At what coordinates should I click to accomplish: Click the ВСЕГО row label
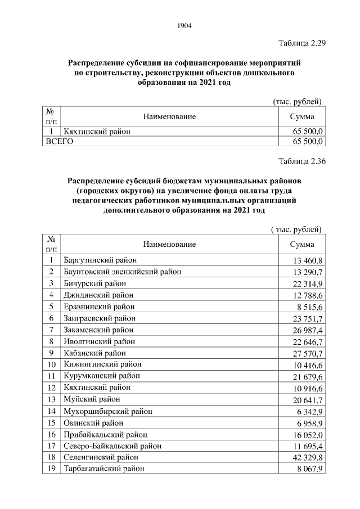click(x=59, y=142)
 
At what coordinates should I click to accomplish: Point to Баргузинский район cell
click(x=100, y=260)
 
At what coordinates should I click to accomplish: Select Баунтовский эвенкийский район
click(x=123, y=272)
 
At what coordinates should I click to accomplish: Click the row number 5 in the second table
click(x=51, y=307)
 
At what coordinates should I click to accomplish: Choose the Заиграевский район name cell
click(x=100, y=318)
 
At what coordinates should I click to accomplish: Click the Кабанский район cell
click(x=95, y=353)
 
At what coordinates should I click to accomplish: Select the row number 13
click(x=51, y=399)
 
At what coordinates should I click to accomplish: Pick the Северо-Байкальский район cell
click(x=112, y=445)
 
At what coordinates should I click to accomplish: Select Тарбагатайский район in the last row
click(x=104, y=468)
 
